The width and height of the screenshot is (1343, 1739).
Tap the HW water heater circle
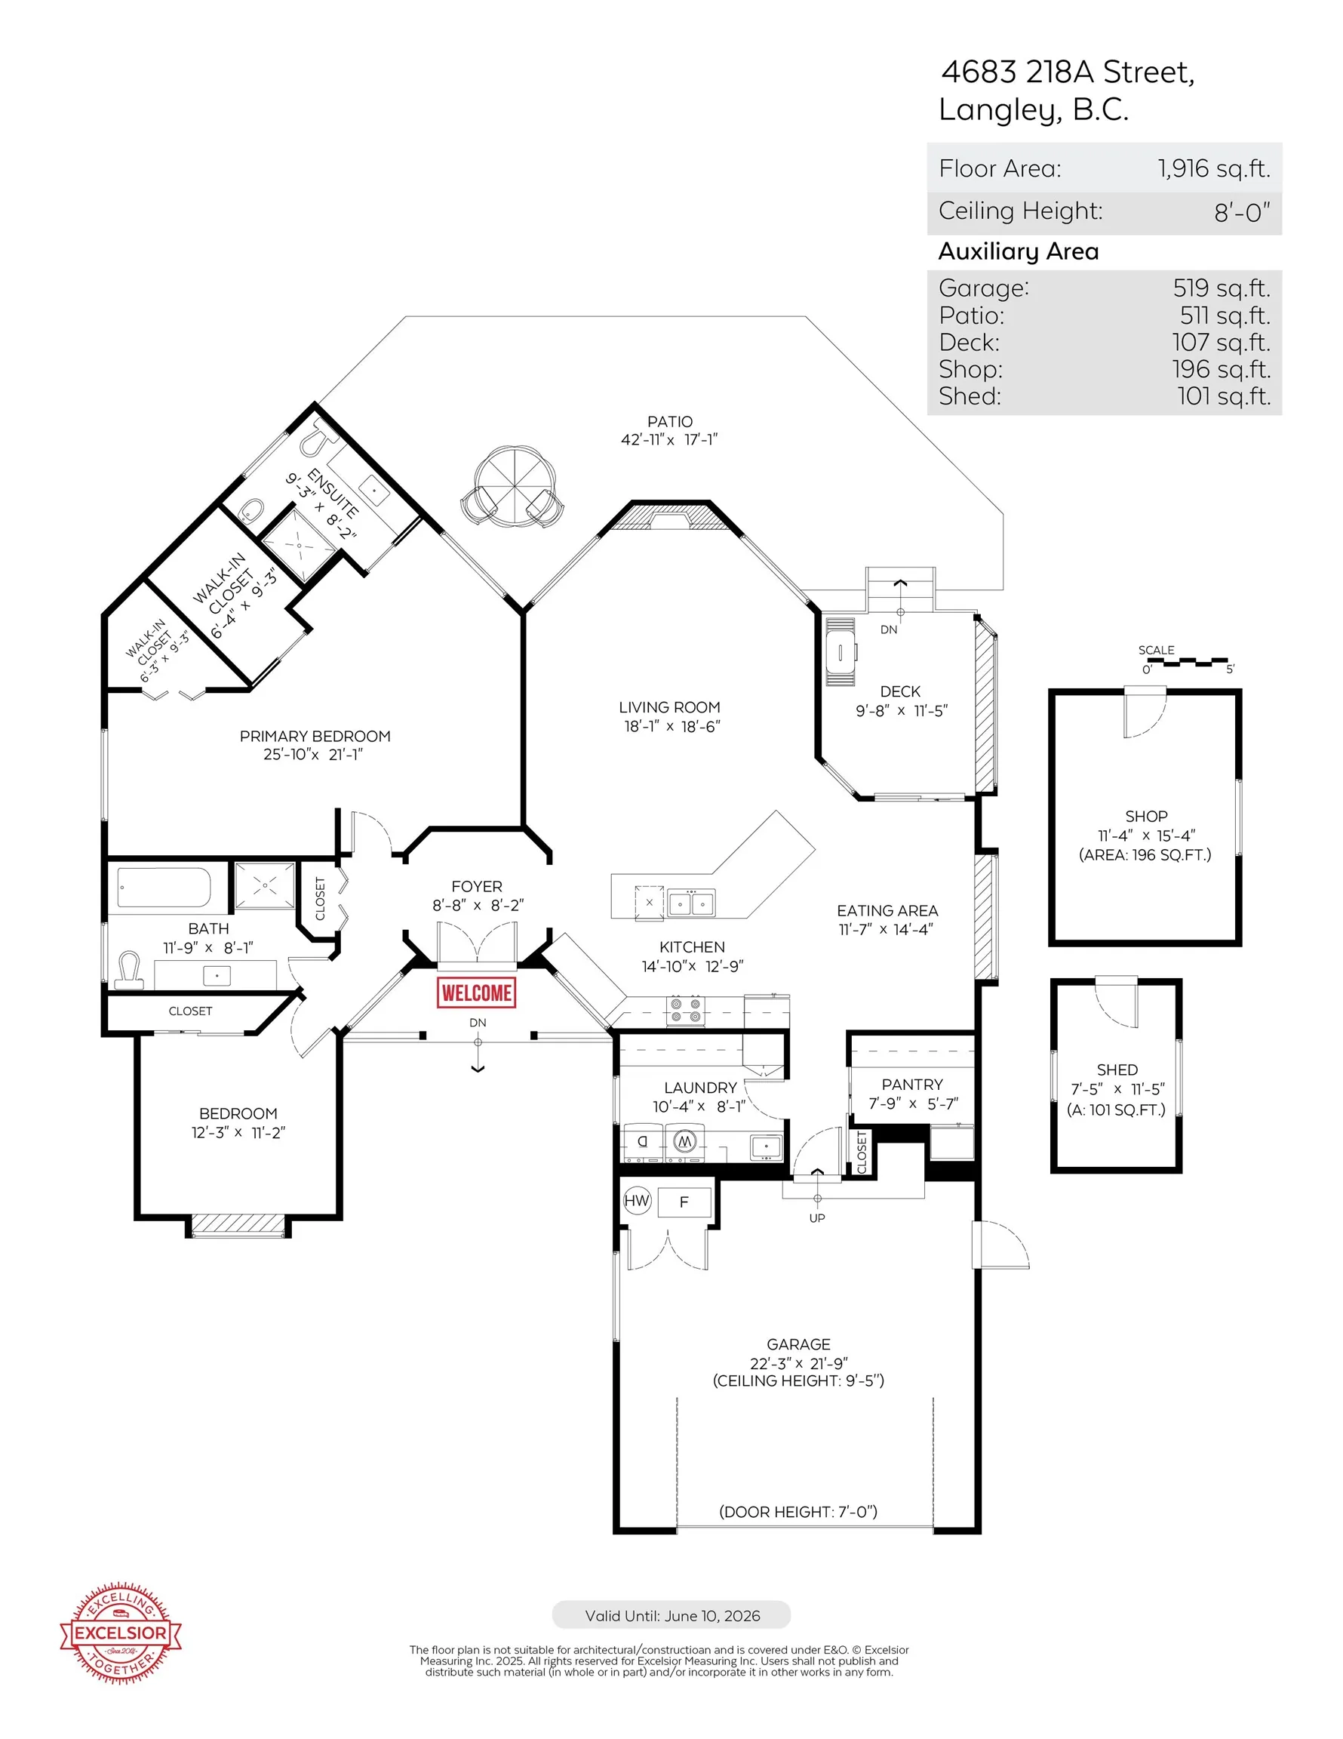tap(637, 1201)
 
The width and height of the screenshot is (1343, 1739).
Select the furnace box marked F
tap(684, 1202)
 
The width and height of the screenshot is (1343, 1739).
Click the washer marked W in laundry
tap(684, 1142)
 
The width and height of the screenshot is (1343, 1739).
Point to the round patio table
tap(515, 486)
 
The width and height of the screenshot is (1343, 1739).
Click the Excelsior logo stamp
tap(121, 1634)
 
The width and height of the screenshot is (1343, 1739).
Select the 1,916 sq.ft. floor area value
tap(1213, 168)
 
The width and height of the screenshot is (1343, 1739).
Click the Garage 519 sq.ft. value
tap(1222, 288)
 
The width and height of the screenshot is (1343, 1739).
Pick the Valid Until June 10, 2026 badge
tap(671, 1614)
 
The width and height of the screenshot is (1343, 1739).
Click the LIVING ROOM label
tap(669, 707)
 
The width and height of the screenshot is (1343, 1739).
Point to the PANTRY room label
tap(912, 1085)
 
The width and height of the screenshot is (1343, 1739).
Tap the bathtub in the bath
tap(164, 887)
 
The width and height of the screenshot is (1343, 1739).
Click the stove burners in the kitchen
tap(685, 1011)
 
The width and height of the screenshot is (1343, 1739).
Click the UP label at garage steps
tap(817, 1218)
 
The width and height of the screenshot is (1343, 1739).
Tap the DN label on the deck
tap(889, 629)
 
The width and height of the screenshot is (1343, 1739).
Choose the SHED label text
tap(1117, 1070)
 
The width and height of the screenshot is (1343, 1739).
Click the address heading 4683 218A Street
tap(1068, 72)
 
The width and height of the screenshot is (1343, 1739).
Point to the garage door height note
tap(798, 1511)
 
